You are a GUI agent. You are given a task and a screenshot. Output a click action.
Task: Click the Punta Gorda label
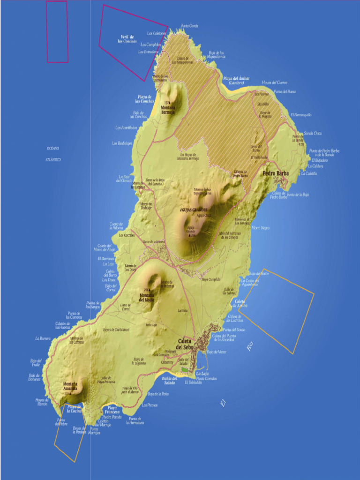point(189,26)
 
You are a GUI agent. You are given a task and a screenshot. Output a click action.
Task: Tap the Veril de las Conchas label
point(127,39)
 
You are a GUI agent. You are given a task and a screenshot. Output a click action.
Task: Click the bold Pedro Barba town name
point(276,173)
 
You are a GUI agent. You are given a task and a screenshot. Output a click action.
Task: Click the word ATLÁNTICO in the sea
point(53,160)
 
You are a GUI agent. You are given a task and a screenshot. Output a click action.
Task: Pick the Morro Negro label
point(261,228)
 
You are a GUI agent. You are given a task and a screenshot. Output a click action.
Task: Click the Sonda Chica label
point(313,134)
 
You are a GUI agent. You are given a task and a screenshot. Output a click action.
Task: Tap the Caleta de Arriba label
point(241,303)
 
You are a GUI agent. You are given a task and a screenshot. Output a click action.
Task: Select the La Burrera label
point(43,338)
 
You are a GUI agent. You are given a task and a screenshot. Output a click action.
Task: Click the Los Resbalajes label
point(122,143)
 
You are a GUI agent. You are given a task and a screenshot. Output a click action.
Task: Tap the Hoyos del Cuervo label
point(274,82)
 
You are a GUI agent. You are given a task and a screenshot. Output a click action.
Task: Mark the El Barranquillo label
point(301,115)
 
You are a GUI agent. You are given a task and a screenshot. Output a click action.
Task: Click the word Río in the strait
point(249,347)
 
